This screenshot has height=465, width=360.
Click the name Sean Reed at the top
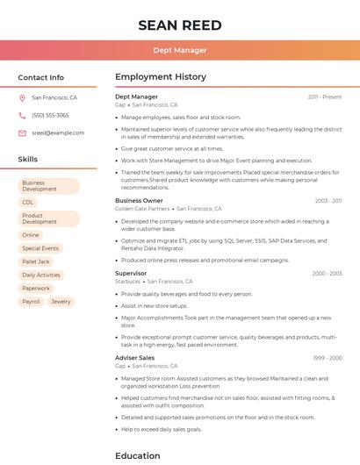[179, 25]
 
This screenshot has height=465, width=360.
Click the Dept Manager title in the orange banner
[179, 50]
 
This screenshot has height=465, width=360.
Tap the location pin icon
[22, 97]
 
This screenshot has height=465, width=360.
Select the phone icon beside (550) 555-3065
[22, 115]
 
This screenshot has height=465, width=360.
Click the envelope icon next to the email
[22, 132]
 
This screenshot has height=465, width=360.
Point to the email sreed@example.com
[58, 132]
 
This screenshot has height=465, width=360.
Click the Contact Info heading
[40, 77]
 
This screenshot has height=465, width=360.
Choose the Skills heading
[27, 159]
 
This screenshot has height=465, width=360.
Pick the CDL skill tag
[28, 202]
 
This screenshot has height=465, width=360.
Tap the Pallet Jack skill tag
[36, 261]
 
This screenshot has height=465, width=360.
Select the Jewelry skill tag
[61, 301]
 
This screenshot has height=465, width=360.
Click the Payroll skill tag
[31, 301]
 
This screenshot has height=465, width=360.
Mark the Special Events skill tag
[40, 248]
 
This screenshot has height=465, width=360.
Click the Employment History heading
[161, 77]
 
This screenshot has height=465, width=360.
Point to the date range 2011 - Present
[324, 97]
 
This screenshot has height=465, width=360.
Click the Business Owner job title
[139, 201]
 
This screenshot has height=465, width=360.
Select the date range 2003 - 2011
[328, 201]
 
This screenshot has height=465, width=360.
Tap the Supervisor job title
[131, 274]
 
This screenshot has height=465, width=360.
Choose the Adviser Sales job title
[134, 358]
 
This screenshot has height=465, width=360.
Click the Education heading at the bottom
[137, 455]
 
